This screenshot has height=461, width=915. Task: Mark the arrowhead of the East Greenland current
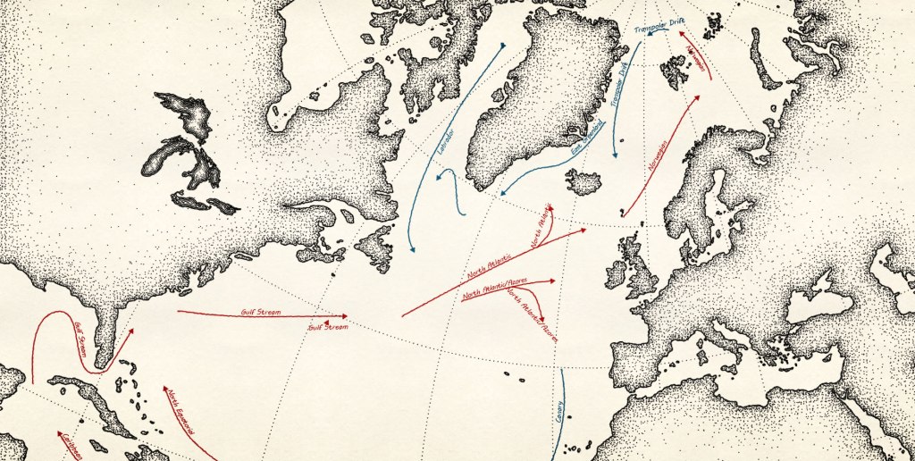pyautogui.click(x=502, y=192)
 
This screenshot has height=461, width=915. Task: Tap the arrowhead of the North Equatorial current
pyautogui.click(x=164, y=388)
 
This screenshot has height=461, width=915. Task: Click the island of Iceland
pyautogui.click(x=584, y=182)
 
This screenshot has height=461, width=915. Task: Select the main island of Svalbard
pyautogui.click(x=674, y=71)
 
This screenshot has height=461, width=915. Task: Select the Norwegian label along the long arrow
pyautogui.click(x=661, y=156)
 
